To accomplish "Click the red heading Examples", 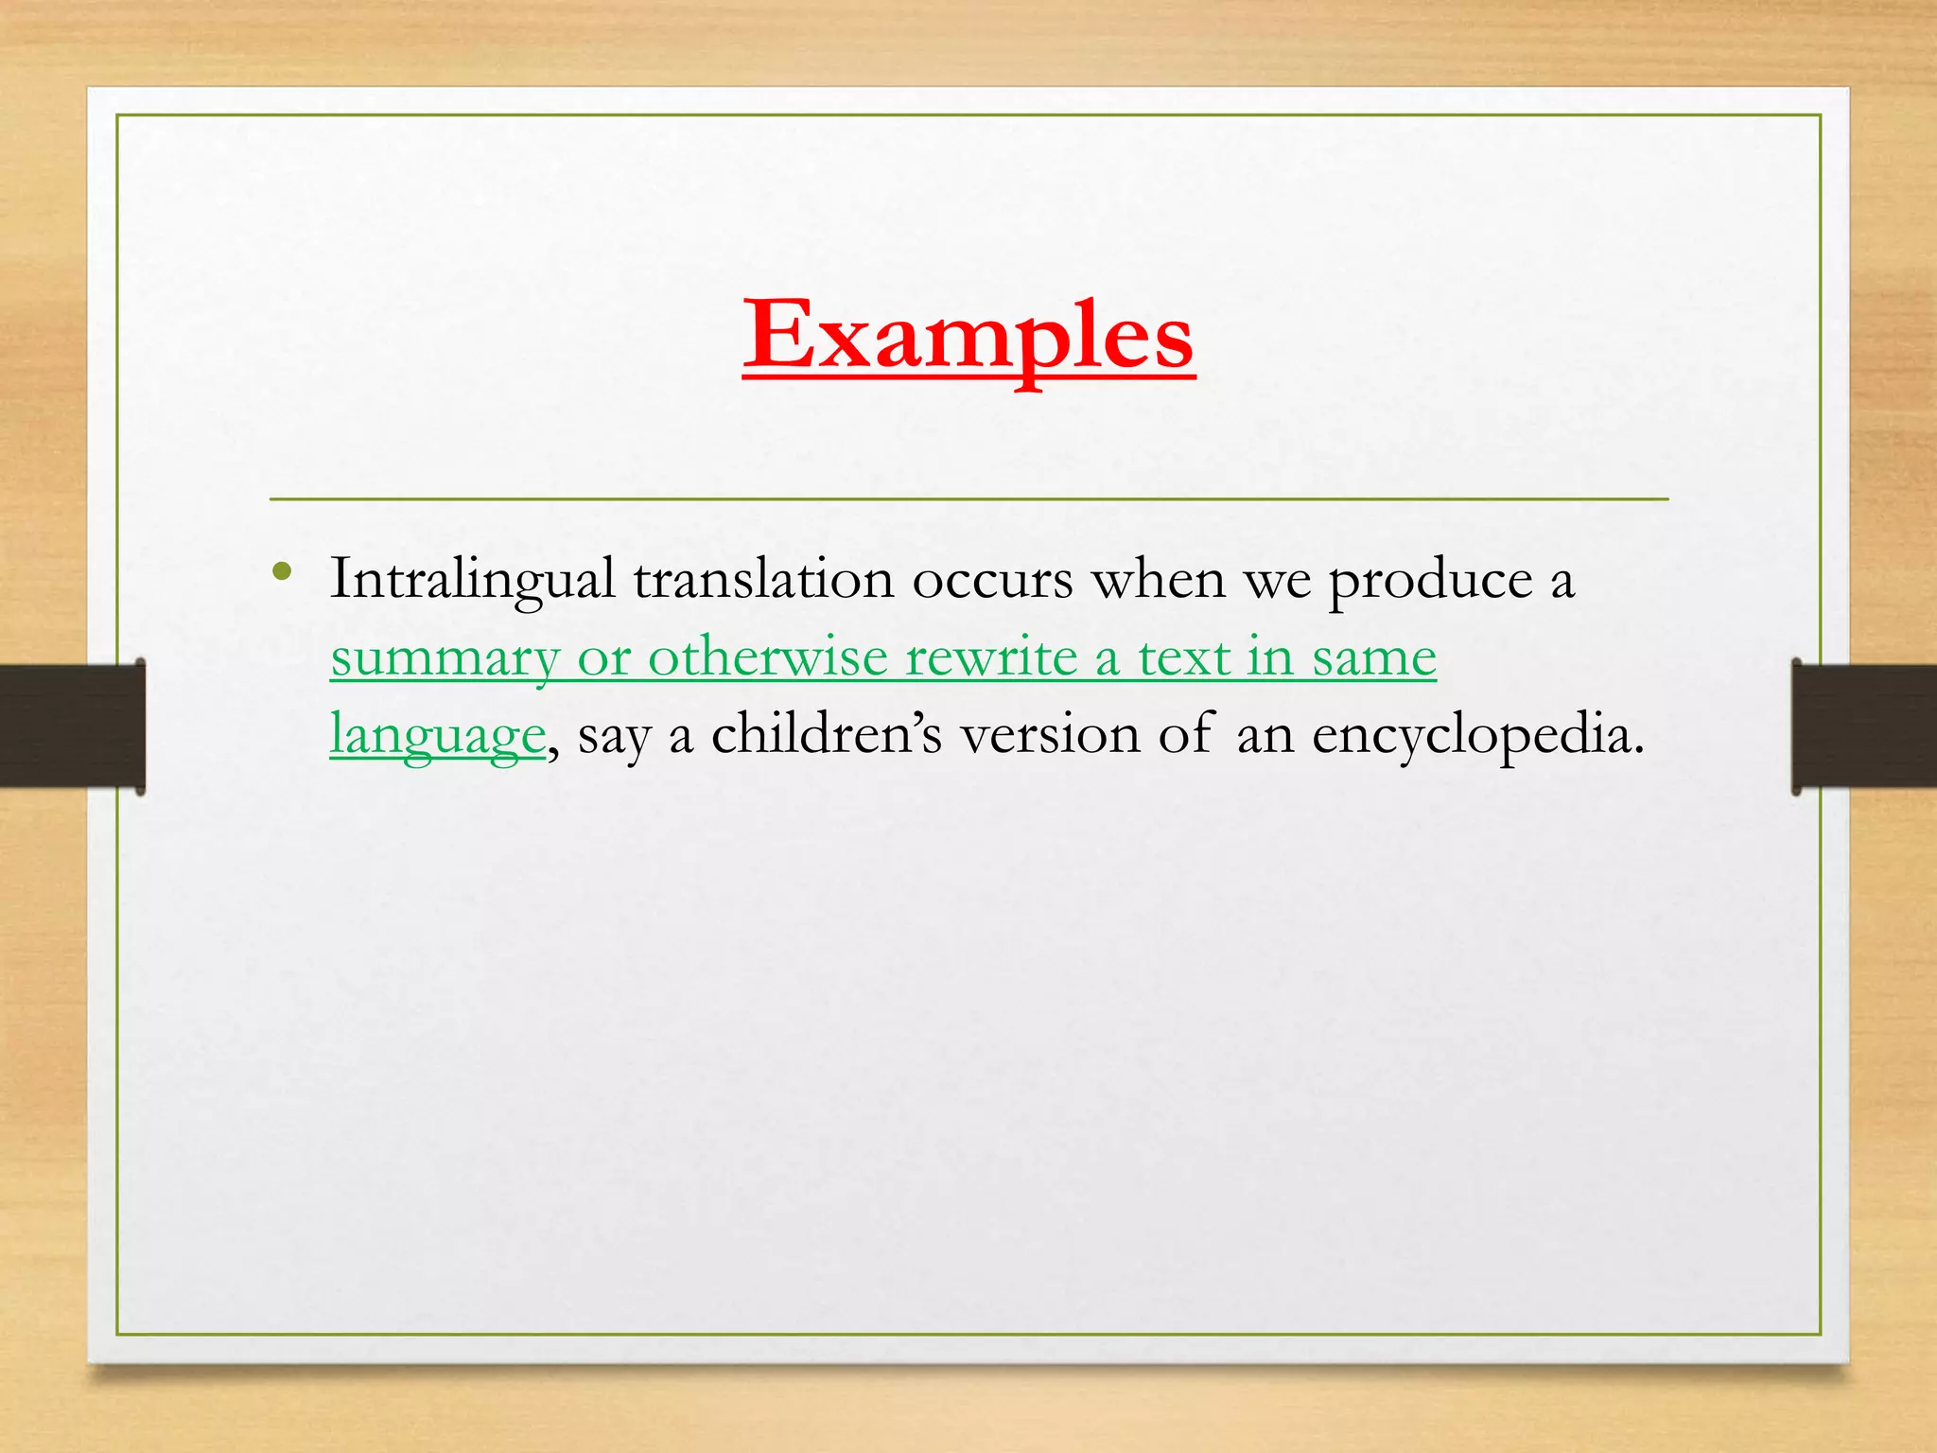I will [x=968, y=336].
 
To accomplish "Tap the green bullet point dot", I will [x=281, y=571].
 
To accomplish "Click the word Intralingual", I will [x=471, y=580].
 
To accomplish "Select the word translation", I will [x=763, y=580].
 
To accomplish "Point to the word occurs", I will [x=992, y=580].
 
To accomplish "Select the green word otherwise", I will [x=768, y=656].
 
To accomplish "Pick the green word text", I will [x=1182, y=656].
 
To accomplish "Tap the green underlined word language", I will [x=438, y=736].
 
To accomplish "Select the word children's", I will [x=827, y=734].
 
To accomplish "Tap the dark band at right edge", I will [x=1863, y=726].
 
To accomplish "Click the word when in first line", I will [x=1159, y=580].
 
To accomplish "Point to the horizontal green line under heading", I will [x=968, y=499].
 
